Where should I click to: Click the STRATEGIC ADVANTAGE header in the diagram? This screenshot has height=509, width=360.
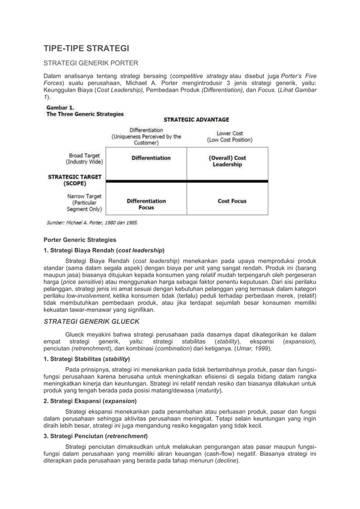[196, 120]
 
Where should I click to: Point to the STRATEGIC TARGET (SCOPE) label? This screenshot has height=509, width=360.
[74, 180]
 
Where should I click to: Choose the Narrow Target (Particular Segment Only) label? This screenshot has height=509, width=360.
[84, 201]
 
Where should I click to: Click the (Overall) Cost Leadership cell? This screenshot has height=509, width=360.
[227, 161]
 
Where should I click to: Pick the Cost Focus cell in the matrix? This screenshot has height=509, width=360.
[232, 201]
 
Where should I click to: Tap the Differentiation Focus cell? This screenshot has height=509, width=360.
[146, 204]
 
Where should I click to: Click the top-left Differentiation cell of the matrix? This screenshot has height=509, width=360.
[151, 158]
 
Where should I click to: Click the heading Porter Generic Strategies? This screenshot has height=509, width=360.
[80, 240]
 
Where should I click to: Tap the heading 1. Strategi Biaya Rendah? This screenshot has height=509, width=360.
[104, 250]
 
